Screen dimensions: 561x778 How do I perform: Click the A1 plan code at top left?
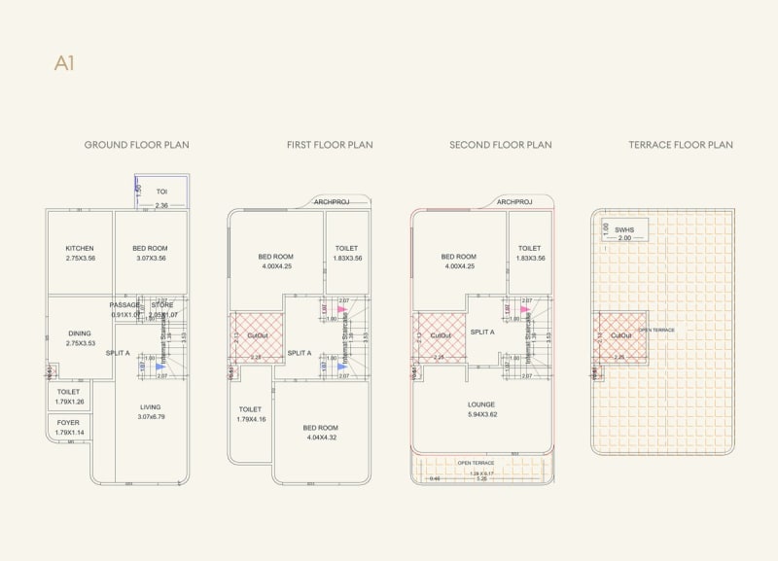(x=64, y=64)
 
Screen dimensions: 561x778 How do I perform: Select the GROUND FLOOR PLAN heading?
(x=136, y=145)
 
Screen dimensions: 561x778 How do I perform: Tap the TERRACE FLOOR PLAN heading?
(x=681, y=145)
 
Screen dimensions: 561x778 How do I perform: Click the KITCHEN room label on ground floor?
(x=80, y=253)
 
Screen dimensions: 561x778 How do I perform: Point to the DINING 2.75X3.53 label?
(x=80, y=337)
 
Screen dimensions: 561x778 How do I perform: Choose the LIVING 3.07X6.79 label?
(x=150, y=412)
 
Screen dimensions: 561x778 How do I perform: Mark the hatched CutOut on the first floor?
(x=257, y=335)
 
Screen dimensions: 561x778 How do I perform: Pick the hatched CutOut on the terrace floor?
(x=621, y=335)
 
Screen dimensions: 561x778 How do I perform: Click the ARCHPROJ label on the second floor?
(x=515, y=202)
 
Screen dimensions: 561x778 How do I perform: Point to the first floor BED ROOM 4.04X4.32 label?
(x=321, y=432)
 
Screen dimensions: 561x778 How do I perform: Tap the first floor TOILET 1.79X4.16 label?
(x=250, y=414)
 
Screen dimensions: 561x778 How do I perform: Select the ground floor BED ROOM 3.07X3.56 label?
(x=151, y=253)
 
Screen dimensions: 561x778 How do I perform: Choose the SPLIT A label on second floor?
(x=483, y=332)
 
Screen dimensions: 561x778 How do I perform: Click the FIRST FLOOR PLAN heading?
(x=330, y=145)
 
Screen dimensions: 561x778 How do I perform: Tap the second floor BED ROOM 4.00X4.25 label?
(x=459, y=262)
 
